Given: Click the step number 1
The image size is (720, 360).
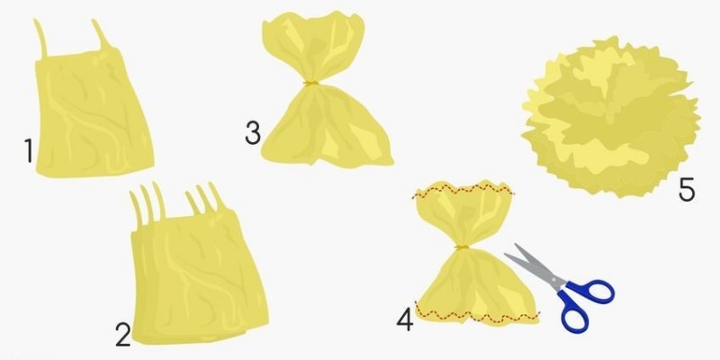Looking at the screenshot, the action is (x=29, y=151).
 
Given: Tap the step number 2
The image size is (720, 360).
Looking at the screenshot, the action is (x=123, y=335).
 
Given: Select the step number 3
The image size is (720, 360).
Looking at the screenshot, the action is (x=253, y=133).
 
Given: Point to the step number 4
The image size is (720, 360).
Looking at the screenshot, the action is (x=405, y=320).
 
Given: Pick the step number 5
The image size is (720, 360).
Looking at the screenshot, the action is (x=687, y=190).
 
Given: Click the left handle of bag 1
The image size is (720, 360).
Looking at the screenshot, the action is (x=40, y=39).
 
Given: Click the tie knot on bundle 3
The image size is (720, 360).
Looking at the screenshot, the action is (x=310, y=83).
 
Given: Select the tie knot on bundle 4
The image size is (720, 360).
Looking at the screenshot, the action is (x=462, y=247).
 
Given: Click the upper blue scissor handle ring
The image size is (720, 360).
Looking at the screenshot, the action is (x=591, y=292).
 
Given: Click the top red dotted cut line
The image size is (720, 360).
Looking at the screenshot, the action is (x=463, y=190).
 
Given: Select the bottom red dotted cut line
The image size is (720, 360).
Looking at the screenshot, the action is (x=477, y=314).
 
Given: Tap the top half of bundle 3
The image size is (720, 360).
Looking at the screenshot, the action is (x=313, y=46).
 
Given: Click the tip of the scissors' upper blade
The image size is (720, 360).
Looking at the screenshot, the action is (x=516, y=245).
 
